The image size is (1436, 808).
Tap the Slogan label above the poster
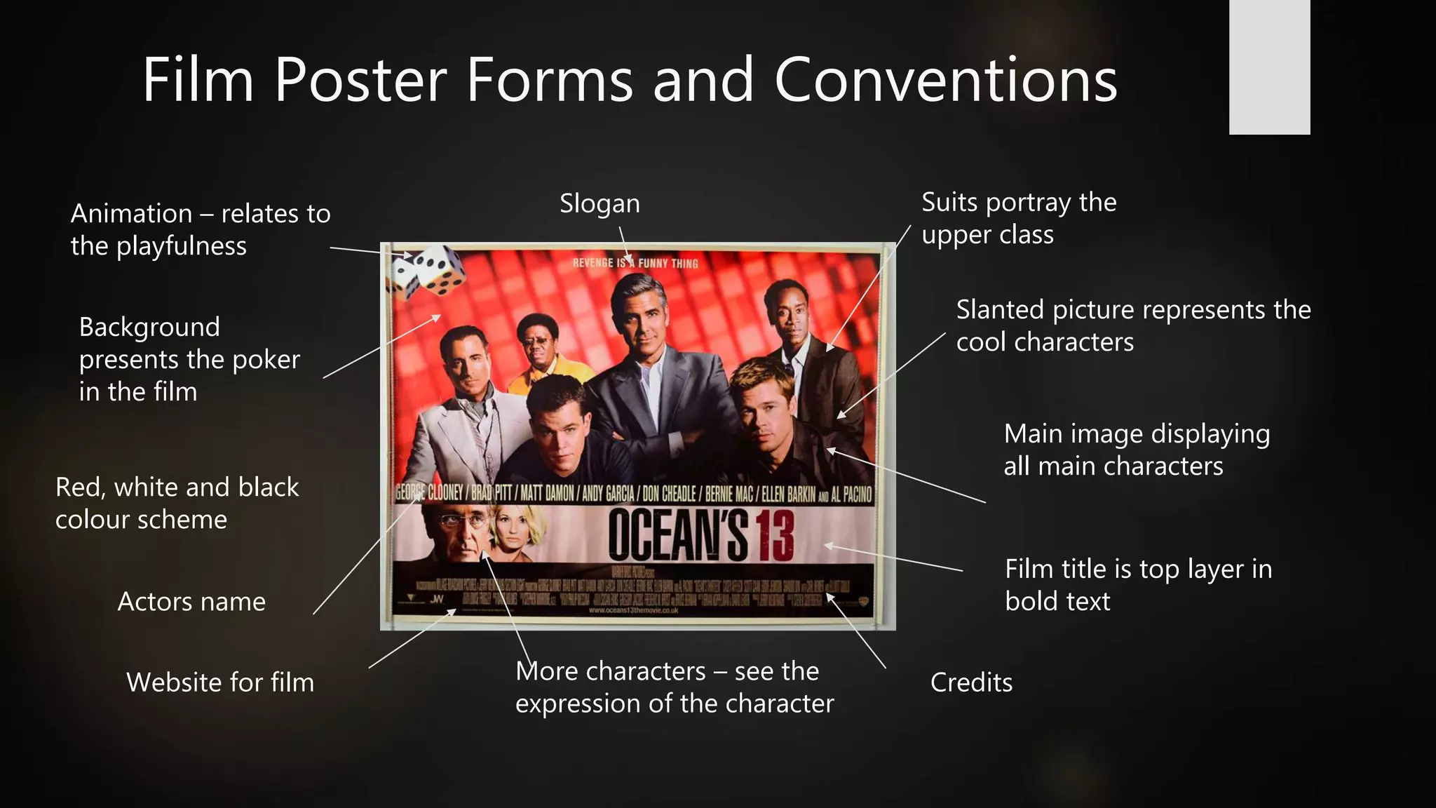pyautogui.click(x=600, y=203)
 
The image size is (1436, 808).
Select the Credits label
pyautogui.click(x=971, y=682)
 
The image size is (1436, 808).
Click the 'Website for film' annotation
pyautogui.click(x=220, y=682)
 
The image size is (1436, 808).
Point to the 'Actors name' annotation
pyautogui.click(x=191, y=602)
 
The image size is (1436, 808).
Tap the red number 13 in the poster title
pyautogui.click(x=775, y=536)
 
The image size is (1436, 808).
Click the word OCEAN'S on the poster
pyautogui.click(x=677, y=536)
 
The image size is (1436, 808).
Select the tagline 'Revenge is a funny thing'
pyautogui.click(x=635, y=263)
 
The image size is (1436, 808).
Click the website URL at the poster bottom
pyautogui.click(x=633, y=610)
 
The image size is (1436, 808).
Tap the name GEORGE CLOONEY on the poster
pyautogui.click(x=429, y=493)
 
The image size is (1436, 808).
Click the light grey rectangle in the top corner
pyautogui.click(x=1269, y=67)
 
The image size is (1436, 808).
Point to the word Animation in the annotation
pyautogui.click(x=131, y=214)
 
